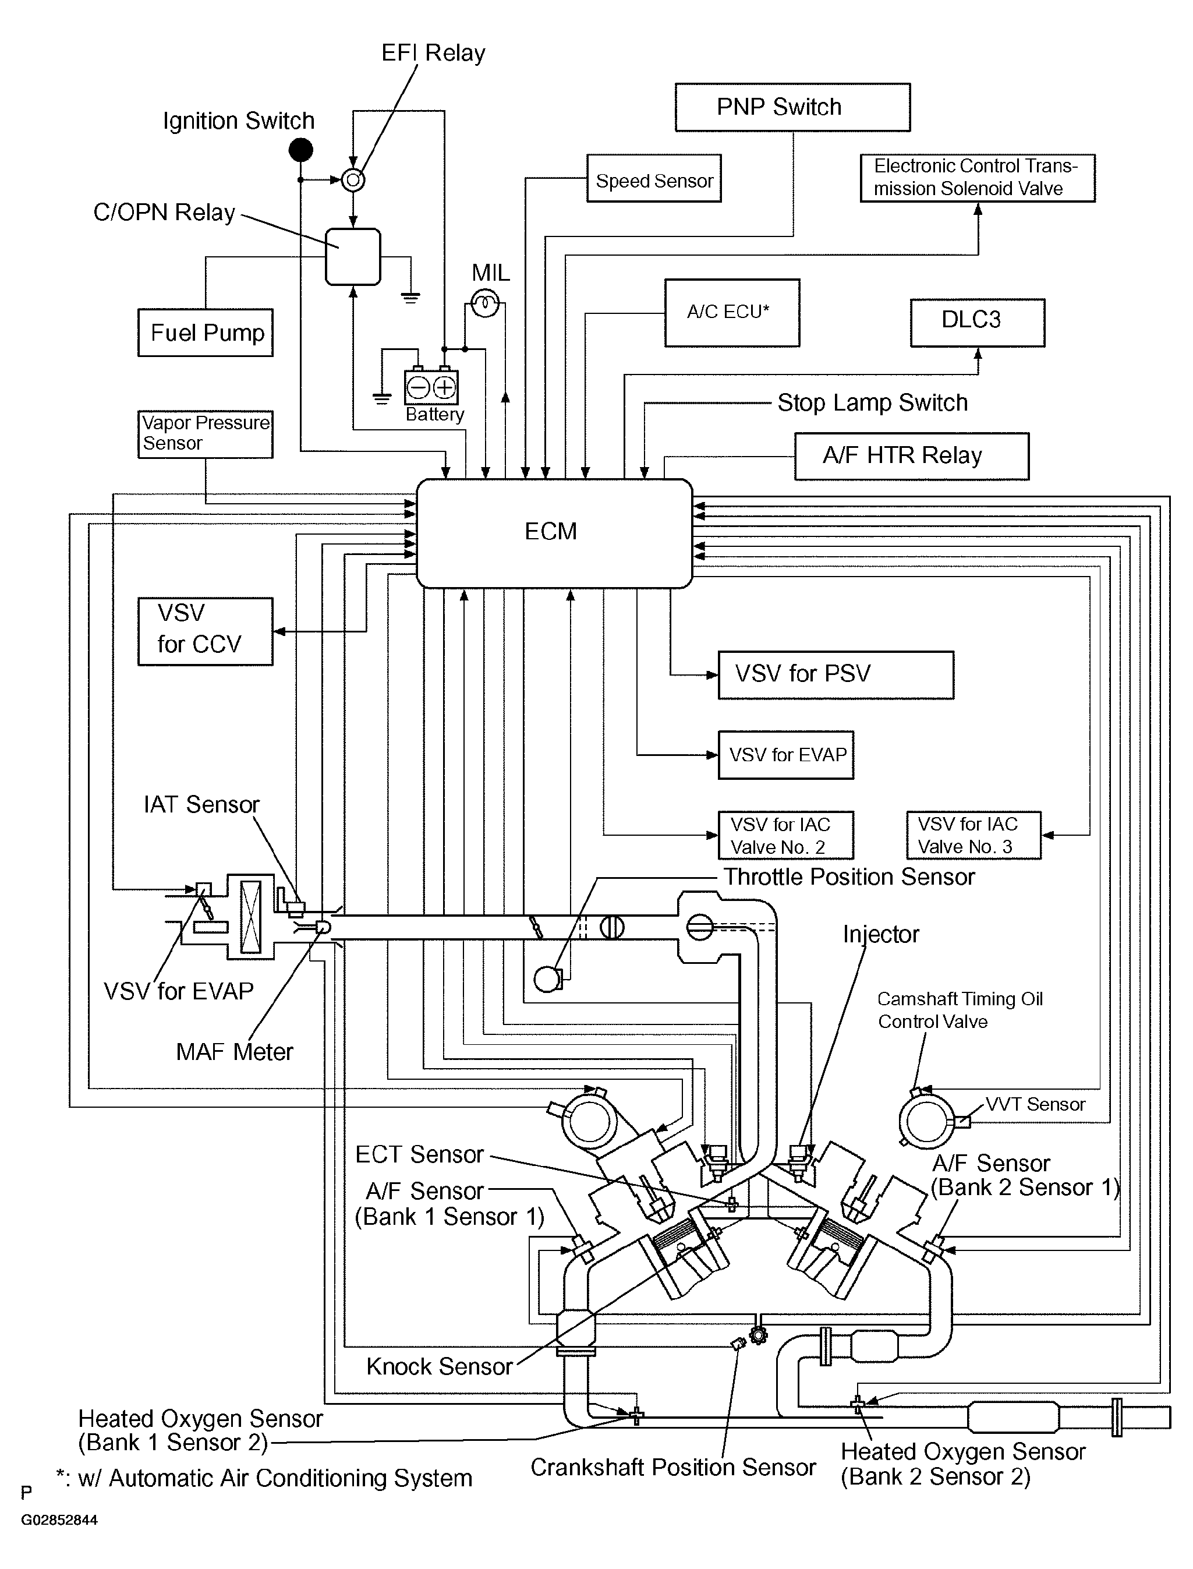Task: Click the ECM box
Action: click(x=553, y=533)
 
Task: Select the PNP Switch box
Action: click(x=792, y=107)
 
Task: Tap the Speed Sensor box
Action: click(x=653, y=179)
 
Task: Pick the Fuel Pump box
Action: click(x=205, y=333)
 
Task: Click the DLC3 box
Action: click(x=977, y=323)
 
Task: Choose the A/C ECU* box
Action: click(x=731, y=313)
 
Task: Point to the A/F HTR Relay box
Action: click(x=911, y=456)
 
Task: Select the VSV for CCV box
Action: click(x=205, y=631)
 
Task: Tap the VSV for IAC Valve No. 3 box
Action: click(x=973, y=835)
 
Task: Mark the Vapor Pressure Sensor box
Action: click(x=205, y=433)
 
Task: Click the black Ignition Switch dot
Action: click(x=301, y=150)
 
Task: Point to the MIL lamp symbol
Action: click(x=485, y=305)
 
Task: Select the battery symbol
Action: click(x=431, y=387)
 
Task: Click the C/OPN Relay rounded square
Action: click(x=353, y=256)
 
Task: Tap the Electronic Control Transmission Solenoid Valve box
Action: click(x=977, y=178)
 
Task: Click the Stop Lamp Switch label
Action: click(x=872, y=402)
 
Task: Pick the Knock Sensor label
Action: click(x=439, y=1366)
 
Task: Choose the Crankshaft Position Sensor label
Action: click(x=672, y=1468)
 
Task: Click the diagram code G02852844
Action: click(x=59, y=1520)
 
